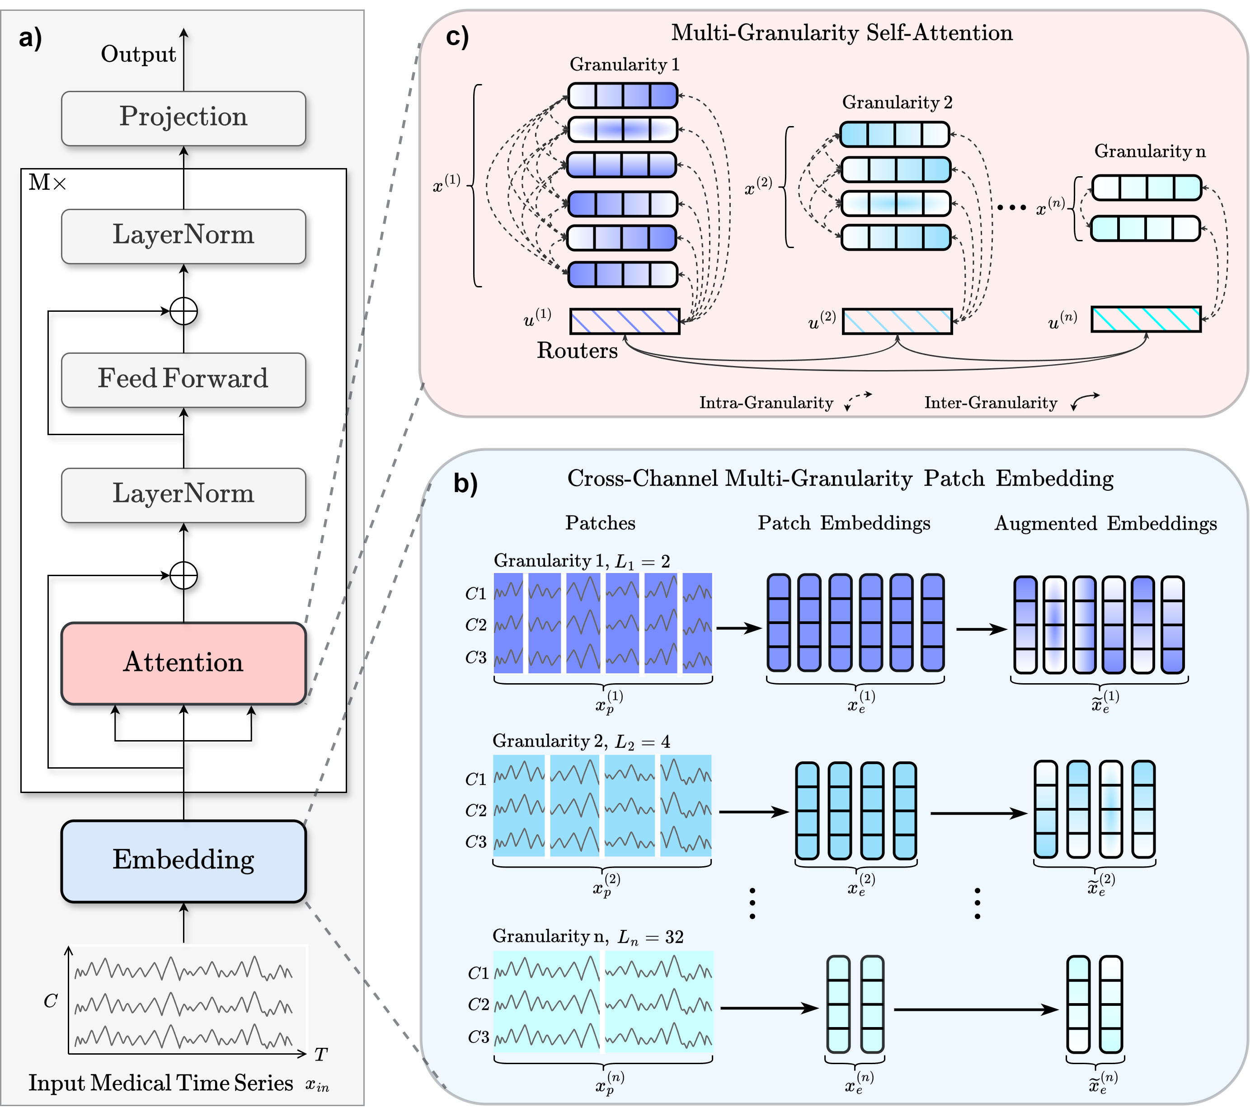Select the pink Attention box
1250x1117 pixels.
[x=183, y=663]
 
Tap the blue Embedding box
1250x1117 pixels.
[x=183, y=860]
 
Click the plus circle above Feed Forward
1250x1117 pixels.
[x=183, y=311]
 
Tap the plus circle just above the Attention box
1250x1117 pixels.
[x=183, y=576]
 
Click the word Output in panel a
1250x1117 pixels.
[x=138, y=55]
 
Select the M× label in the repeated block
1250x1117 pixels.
[x=47, y=182]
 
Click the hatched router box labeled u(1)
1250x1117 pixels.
[x=625, y=321]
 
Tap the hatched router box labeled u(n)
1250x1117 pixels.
[x=1146, y=319]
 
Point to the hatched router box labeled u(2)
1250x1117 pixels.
[x=897, y=321]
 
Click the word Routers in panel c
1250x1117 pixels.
[x=577, y=351]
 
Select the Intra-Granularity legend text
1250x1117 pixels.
[x=766, y=403]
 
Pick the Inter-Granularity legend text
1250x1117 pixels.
[x=991, y=403]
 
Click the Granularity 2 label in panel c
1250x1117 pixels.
[x=897, y=103]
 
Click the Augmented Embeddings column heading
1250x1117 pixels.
[x=1105, y=524]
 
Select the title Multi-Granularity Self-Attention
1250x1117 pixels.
[x=841, y=33]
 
